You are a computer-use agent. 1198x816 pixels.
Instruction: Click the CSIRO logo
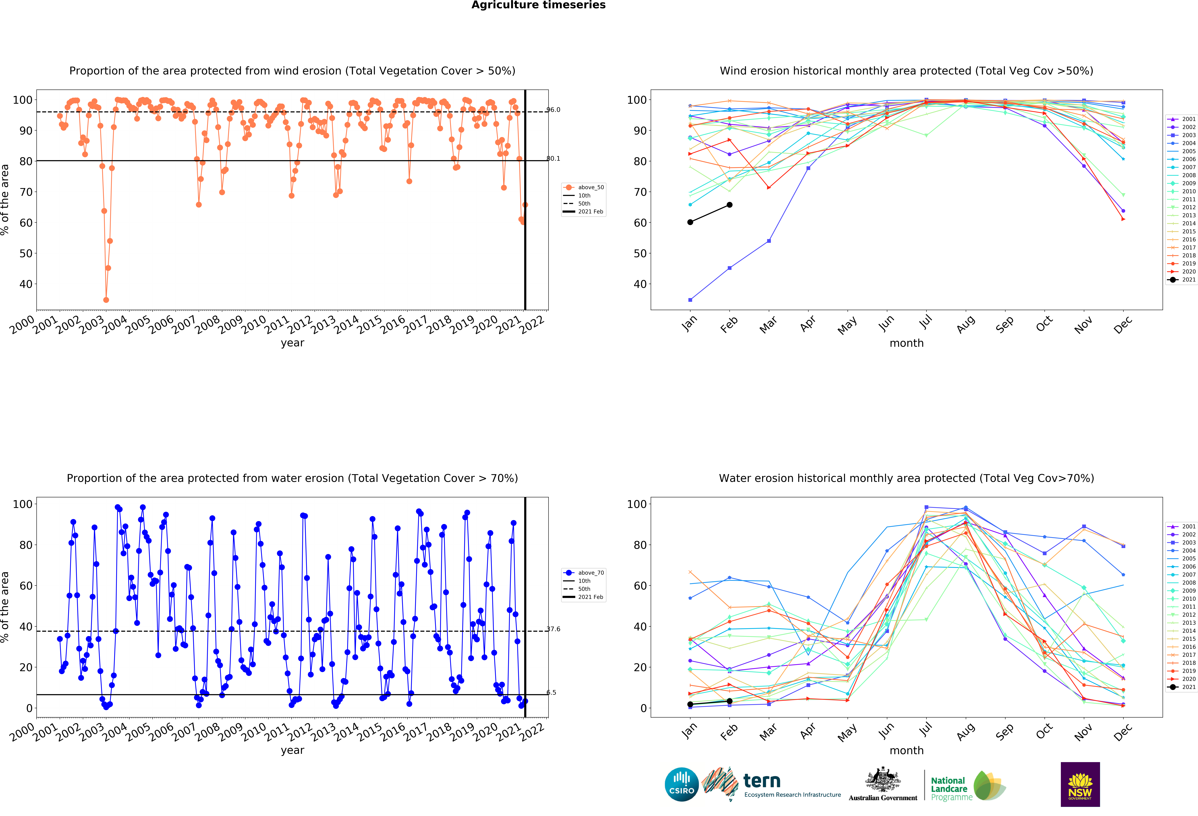click(682, 784)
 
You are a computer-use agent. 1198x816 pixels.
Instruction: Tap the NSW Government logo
click(1080, 784)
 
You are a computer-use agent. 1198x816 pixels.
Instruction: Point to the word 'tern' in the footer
click(762, 781)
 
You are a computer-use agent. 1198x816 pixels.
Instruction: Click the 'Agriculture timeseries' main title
click(538, 5)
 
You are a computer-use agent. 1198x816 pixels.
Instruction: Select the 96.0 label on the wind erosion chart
click(553, 110)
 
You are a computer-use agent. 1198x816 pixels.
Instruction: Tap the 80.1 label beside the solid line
click(553, 159)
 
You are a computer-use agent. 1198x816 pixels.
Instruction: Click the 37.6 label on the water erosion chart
click(553, 629)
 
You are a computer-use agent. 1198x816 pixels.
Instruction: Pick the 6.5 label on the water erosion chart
click(551, 692)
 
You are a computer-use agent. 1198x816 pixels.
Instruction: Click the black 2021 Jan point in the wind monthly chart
click(690, 222)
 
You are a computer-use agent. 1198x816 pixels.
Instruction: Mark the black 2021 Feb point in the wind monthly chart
click(729, 205)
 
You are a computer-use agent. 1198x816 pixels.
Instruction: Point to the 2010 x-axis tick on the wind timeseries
click(254, 325)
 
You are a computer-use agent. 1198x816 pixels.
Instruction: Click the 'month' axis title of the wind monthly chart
click(906, 343)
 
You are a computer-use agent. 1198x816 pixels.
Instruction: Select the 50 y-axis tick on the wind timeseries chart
click(26, 253)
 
